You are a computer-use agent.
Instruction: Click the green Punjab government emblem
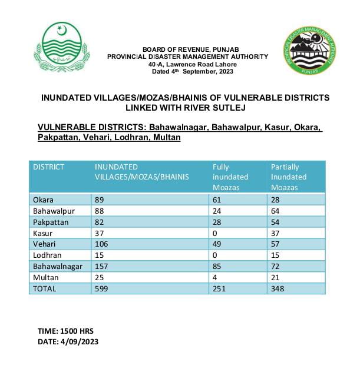61,46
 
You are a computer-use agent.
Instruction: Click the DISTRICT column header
49,167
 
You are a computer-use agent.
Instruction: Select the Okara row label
43,200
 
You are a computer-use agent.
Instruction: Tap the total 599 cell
103,289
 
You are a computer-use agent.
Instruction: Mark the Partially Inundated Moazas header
289,177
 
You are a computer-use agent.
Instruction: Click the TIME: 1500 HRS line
66,331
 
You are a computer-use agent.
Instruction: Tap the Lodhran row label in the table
47,256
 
